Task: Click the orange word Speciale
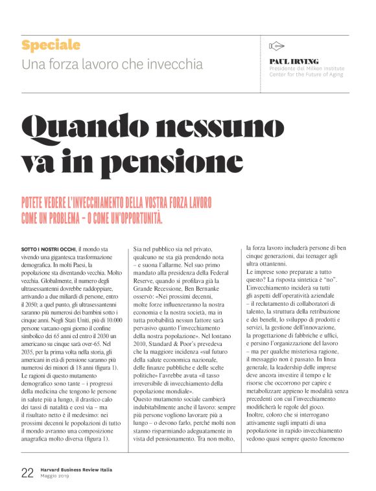tap(51, 45)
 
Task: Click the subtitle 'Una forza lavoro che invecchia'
tap(112, 65)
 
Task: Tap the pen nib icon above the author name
tap(277, 45)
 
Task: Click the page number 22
tap(27, 472)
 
